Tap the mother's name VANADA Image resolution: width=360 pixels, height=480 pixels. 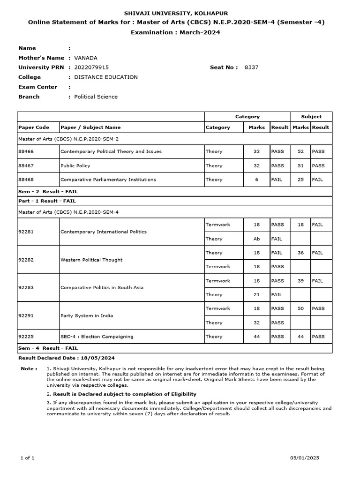click(86, 58)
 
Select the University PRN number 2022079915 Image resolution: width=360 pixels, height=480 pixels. click(91, 67)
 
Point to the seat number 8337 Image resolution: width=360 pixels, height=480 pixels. click(251, 67)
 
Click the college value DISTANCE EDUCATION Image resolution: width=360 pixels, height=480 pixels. click(106, 77)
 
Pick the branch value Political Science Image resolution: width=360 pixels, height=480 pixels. click(96, 97)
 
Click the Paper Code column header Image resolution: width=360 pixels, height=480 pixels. click(33, 127)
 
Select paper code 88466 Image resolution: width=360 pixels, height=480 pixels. click(26, 151)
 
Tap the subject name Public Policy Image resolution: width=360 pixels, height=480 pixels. click(75, 165)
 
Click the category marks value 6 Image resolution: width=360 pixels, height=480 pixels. click(256, 180)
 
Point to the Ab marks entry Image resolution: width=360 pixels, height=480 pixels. click(256, 239)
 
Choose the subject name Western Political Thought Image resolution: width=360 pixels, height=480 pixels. click(91, 260)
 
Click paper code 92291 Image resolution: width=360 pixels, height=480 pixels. click(26, 315)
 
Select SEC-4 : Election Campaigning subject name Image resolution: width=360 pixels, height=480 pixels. click(97, 337)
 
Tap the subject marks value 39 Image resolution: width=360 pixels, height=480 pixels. click(300, 281)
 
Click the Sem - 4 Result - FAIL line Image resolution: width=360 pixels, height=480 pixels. click(48, 348)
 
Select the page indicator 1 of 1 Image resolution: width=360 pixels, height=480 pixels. click(28, 457)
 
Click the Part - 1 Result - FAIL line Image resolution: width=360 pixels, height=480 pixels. click(47, 201)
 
